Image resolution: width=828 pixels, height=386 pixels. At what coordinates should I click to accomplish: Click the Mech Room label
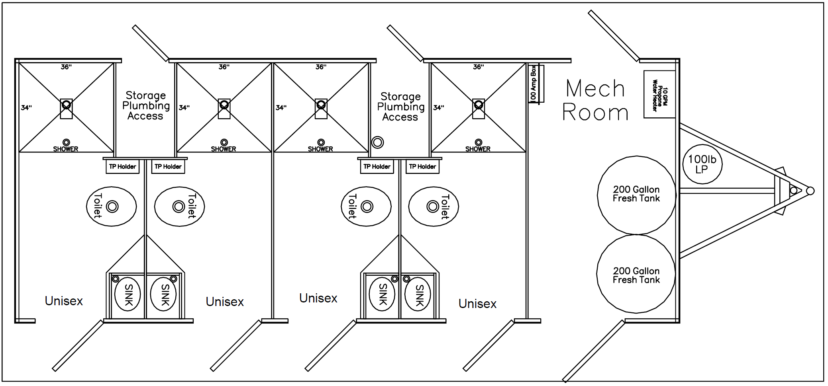tap(595, 100)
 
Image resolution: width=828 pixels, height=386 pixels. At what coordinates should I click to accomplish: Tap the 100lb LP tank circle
tap(702, 164)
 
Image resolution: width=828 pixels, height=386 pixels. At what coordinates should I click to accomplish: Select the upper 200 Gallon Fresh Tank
tap(636, 195)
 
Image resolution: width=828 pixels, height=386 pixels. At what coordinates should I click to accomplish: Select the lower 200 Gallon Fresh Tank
tap(636, 275)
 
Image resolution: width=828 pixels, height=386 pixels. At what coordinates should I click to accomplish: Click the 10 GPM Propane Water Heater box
tap(659, 95)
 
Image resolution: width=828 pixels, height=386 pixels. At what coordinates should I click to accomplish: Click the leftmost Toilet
tap(111, 207)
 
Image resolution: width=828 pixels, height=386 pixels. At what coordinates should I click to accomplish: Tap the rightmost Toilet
tap(434, 207)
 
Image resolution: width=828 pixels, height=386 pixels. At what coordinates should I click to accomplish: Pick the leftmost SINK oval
tap(128, 295)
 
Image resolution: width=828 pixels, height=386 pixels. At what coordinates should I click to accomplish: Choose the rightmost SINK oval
tap(418, 295)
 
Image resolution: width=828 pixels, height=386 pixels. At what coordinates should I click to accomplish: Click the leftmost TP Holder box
tap(122, 167)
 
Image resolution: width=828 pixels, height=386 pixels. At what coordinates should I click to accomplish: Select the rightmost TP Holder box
tap(422, 167)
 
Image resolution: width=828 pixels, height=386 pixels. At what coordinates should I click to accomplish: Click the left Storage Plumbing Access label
tap(146, 106)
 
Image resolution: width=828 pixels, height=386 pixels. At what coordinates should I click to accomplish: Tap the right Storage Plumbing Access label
tap(400, 107)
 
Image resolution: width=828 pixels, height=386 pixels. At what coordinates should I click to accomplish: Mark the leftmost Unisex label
tap(64, 301)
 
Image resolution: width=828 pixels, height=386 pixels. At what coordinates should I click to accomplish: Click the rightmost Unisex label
tap(477, 304)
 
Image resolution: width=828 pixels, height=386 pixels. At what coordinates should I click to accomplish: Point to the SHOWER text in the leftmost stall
tap(66, 149)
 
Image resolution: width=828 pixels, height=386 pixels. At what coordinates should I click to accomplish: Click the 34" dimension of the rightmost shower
tap(439, 107)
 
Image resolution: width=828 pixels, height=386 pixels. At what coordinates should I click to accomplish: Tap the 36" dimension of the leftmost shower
tap(66, 67)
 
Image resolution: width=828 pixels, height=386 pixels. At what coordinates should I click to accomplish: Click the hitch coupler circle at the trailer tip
tap(810, 191)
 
